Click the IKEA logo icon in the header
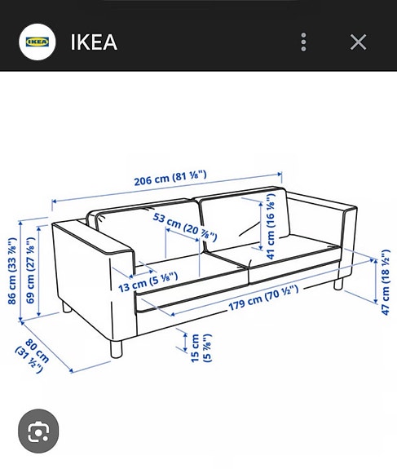coord(37,42)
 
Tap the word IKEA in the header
coord(94,42)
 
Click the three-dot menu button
coord(303,42)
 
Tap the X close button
coord(358,42)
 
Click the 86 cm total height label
coord(12,270)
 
